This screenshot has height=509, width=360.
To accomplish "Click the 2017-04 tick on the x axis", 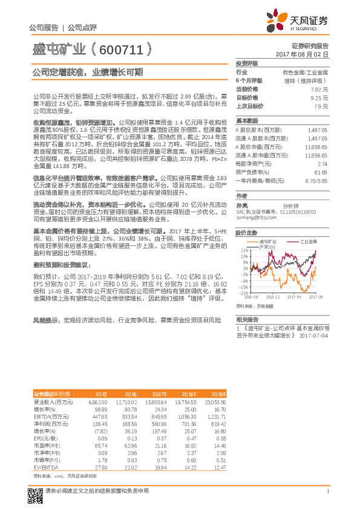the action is click(295, 297).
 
